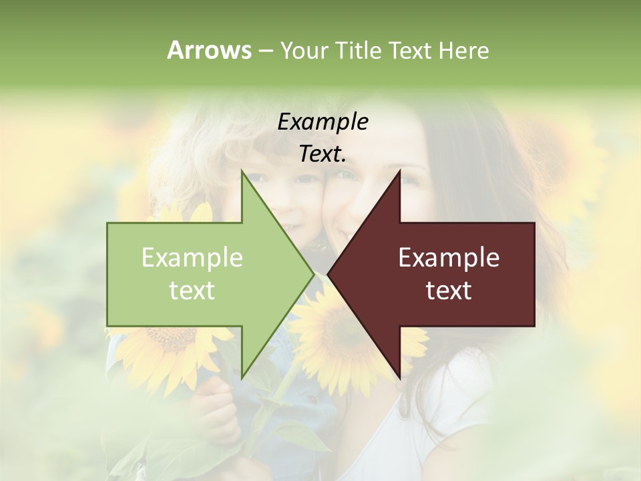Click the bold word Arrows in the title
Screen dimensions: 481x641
coord(209,50)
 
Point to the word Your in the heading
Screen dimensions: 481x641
coord(303,50)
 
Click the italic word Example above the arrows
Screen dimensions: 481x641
coord(323,122)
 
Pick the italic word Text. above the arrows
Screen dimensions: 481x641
coord(323,154)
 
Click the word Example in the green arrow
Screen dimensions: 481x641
coord(192,258)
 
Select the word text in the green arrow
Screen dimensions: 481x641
coord(192,291)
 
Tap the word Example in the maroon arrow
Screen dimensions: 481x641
coord(449,258)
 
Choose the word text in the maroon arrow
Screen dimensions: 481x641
coord(449,291)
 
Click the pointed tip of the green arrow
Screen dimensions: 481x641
coord(313,274)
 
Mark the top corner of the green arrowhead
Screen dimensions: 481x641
coord(242,171)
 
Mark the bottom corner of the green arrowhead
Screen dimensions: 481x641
coord(242,377)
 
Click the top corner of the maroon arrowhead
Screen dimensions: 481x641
coord(400,171)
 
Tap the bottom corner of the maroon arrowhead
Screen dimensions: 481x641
coord(400,377)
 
